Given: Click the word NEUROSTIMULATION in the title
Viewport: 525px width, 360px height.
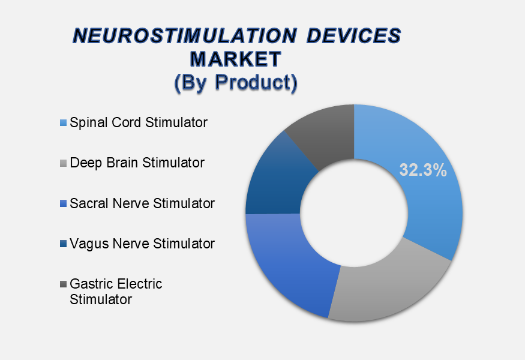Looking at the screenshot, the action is (x=185, y=36).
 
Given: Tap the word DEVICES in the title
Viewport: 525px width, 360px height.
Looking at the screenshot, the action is (x=353, y=36).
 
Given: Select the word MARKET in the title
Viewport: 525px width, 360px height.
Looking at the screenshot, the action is (x=235, y=59).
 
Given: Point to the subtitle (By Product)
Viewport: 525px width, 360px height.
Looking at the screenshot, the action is (x=236, y=82).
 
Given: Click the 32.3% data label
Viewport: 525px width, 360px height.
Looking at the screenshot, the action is (x=423, y=170).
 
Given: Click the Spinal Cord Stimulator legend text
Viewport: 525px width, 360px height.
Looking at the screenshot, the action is (x=139, y=123).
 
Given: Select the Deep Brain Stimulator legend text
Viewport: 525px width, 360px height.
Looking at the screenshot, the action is (x=137, y=163).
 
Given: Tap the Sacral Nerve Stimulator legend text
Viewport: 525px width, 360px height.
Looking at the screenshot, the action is (x=142, y=203).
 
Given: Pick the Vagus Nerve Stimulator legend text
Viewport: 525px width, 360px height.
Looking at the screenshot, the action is (x=142, y=244).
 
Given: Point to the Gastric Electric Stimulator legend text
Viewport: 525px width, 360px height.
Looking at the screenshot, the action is (x=116, y=292).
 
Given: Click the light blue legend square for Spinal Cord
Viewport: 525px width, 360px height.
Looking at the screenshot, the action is (x=63, y=123).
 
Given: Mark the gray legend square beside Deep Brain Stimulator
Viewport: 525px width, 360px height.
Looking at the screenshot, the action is (x=63, y=163).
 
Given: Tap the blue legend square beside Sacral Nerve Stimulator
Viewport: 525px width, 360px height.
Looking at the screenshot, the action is (x=63, y=203).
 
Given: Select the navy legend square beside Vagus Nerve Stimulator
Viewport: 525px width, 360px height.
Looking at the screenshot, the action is (x=63, y=244).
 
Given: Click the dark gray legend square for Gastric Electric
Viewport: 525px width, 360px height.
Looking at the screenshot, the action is (x=63, y=284).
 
